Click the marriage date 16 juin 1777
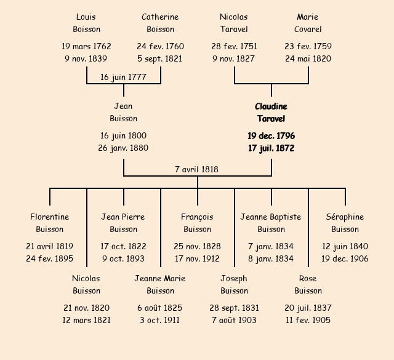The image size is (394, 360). coord(123,77)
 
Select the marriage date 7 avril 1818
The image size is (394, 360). coord(197,169)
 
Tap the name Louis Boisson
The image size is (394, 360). coord(86,23)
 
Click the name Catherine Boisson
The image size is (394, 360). coord(160,23)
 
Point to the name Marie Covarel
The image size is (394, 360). coord(308,23)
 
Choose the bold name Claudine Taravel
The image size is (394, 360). coord(271,113)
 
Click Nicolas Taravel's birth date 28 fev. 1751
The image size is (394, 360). coord(234,46)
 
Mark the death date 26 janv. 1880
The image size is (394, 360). coord(123,148)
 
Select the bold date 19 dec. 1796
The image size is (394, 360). coord(271,135)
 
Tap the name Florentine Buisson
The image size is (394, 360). coord(49,223)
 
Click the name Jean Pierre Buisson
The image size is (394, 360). coord(123,223)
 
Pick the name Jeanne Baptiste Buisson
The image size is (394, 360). coord(271,223)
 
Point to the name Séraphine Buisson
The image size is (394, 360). coord(345,223)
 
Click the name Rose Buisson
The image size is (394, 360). coord(308,284)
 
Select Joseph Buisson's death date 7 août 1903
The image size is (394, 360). coord(234,320)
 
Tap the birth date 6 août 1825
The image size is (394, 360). coord(160,308)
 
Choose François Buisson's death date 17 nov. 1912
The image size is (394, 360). coord(197,258)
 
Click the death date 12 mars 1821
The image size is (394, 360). coord(86,320)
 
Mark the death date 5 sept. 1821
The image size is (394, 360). coord(160,59)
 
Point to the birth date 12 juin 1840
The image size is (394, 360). coord(345,246)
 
